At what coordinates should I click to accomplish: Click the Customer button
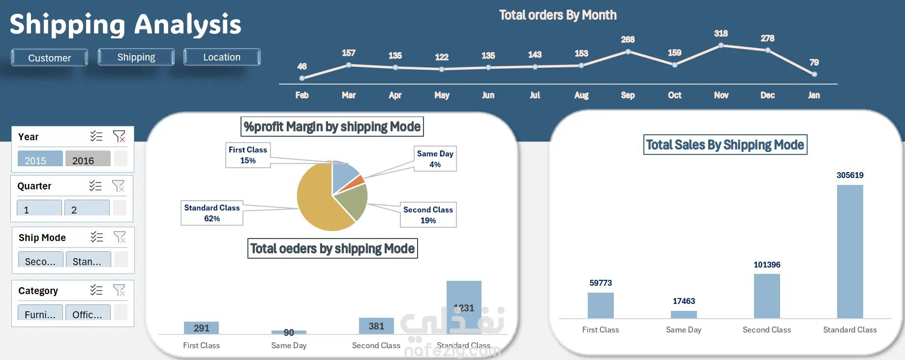click(49, 58)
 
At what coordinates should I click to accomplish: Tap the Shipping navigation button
click(136, 57)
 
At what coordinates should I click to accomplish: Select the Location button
click(222, 57)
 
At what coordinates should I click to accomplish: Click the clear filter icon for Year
click(119, 136)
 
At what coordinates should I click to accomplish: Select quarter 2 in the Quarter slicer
click(87, 209)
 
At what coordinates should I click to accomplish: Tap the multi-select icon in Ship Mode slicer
click(97, 238)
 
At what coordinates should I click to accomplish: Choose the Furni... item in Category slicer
click(40, 314)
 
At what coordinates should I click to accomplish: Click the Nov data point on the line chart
click(721, 45)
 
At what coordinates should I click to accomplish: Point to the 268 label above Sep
click(628, 39)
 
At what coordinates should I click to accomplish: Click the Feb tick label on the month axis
click(302, 95)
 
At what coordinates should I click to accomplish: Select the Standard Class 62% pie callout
click(212, 213)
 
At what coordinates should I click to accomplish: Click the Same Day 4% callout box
click(435, 159)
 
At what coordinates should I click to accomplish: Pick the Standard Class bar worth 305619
click(850, 251)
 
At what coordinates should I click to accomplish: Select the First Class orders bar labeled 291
click(201, 328)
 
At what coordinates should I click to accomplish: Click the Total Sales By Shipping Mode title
click(725, 145)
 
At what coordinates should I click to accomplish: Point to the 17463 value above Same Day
click(684, 301)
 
